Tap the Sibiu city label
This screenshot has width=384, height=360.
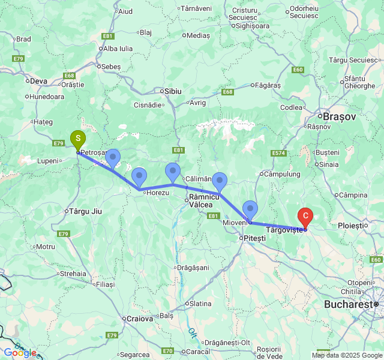pyautogui.click(x=170, y=91)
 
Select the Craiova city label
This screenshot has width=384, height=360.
pyautogui.click(x=139, y=319)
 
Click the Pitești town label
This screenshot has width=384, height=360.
pyautogui.click(x=254, y=238)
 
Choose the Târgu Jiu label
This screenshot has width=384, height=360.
pyautogui.click(x=86, y=211)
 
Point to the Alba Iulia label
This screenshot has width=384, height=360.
pyautogui.click(x=118, y=49)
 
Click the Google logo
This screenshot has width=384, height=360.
pyautogui.click(x=20, y=353)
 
